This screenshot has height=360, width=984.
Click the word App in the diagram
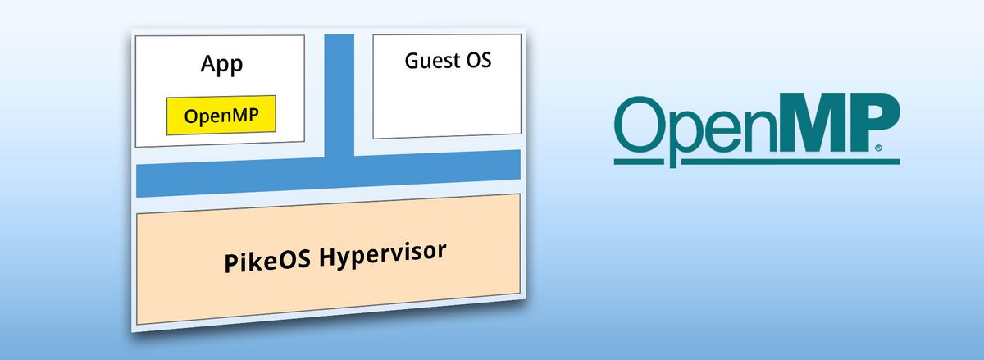[221, 65]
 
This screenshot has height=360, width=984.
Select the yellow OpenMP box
[221, 115]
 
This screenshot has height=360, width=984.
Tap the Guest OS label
[448, 61]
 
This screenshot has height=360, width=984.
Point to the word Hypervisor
[383, 255]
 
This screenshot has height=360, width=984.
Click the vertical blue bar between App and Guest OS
[339, 95]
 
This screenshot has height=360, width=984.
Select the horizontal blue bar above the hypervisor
[328, 174]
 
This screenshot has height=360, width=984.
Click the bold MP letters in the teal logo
[838, 123]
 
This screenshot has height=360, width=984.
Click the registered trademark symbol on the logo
[878, 148]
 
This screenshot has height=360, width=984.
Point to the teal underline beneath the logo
[756, 162]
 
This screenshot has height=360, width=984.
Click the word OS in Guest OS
[478, 60]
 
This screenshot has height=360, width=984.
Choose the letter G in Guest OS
[412, 60]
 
